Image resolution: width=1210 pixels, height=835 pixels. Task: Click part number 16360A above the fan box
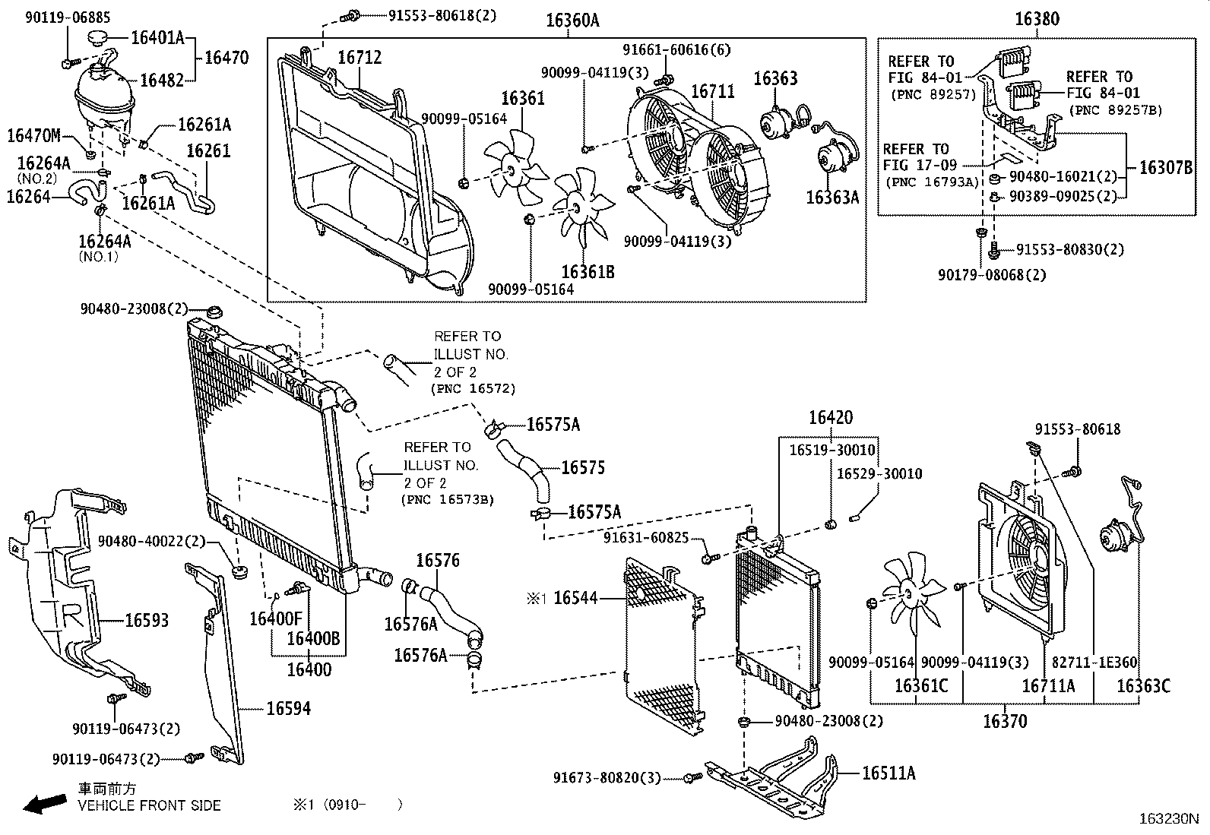(572, 21)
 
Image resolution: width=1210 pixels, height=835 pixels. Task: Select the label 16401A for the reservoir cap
(157, 36)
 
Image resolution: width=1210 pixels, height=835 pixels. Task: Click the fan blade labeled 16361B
(582, 210)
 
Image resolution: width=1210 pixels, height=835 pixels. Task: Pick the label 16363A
(831, 198)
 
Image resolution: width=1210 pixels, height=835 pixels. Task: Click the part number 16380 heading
(1037, 19)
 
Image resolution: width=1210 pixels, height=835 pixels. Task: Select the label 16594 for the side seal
(288, 708)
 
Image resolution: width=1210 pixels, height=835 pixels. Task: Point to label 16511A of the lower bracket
(888, 773)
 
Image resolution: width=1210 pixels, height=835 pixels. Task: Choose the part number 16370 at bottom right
(1004, 721)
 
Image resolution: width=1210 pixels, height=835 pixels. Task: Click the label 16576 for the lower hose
(438, 561)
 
